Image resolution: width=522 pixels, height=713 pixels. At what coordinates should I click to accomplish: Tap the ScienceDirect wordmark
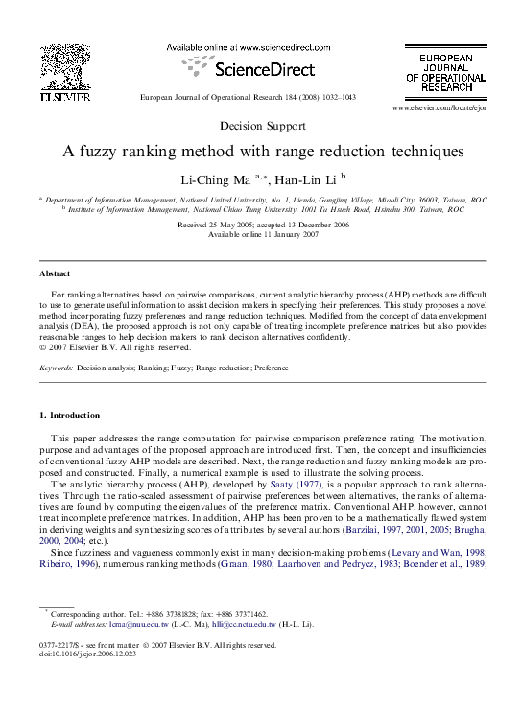[252, 69]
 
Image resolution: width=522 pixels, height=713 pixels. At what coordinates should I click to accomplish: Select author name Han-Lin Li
[306, 179]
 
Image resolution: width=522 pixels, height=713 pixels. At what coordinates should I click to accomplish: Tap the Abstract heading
[55, 273]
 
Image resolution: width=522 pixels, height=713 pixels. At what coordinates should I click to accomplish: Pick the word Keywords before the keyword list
[56, 368]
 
